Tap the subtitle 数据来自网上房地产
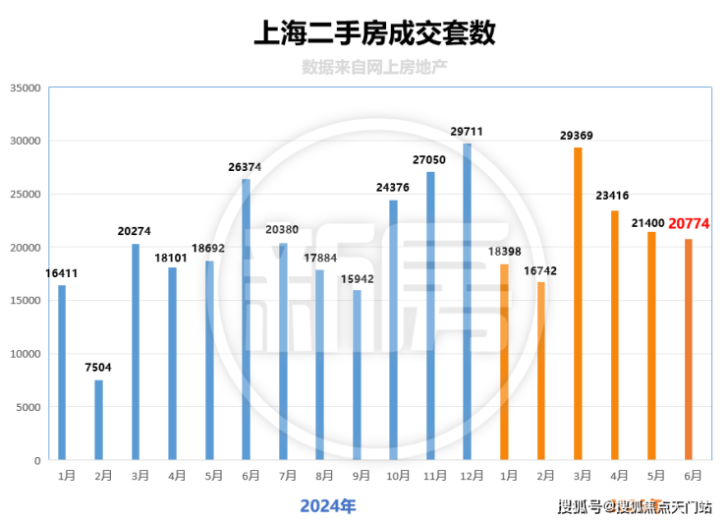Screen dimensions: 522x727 coord(374,68)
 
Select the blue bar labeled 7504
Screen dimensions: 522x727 coord(98,420)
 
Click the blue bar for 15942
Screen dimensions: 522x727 coord(357,375)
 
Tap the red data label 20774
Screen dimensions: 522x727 coord(689,224)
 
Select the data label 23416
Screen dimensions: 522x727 coord(614,197)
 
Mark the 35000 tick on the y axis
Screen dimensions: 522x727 coord(24,87)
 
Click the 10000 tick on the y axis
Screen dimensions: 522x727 coord(24,354)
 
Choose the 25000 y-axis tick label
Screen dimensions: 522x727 coord(24,194)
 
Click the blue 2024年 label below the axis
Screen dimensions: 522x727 coord(327,505)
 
